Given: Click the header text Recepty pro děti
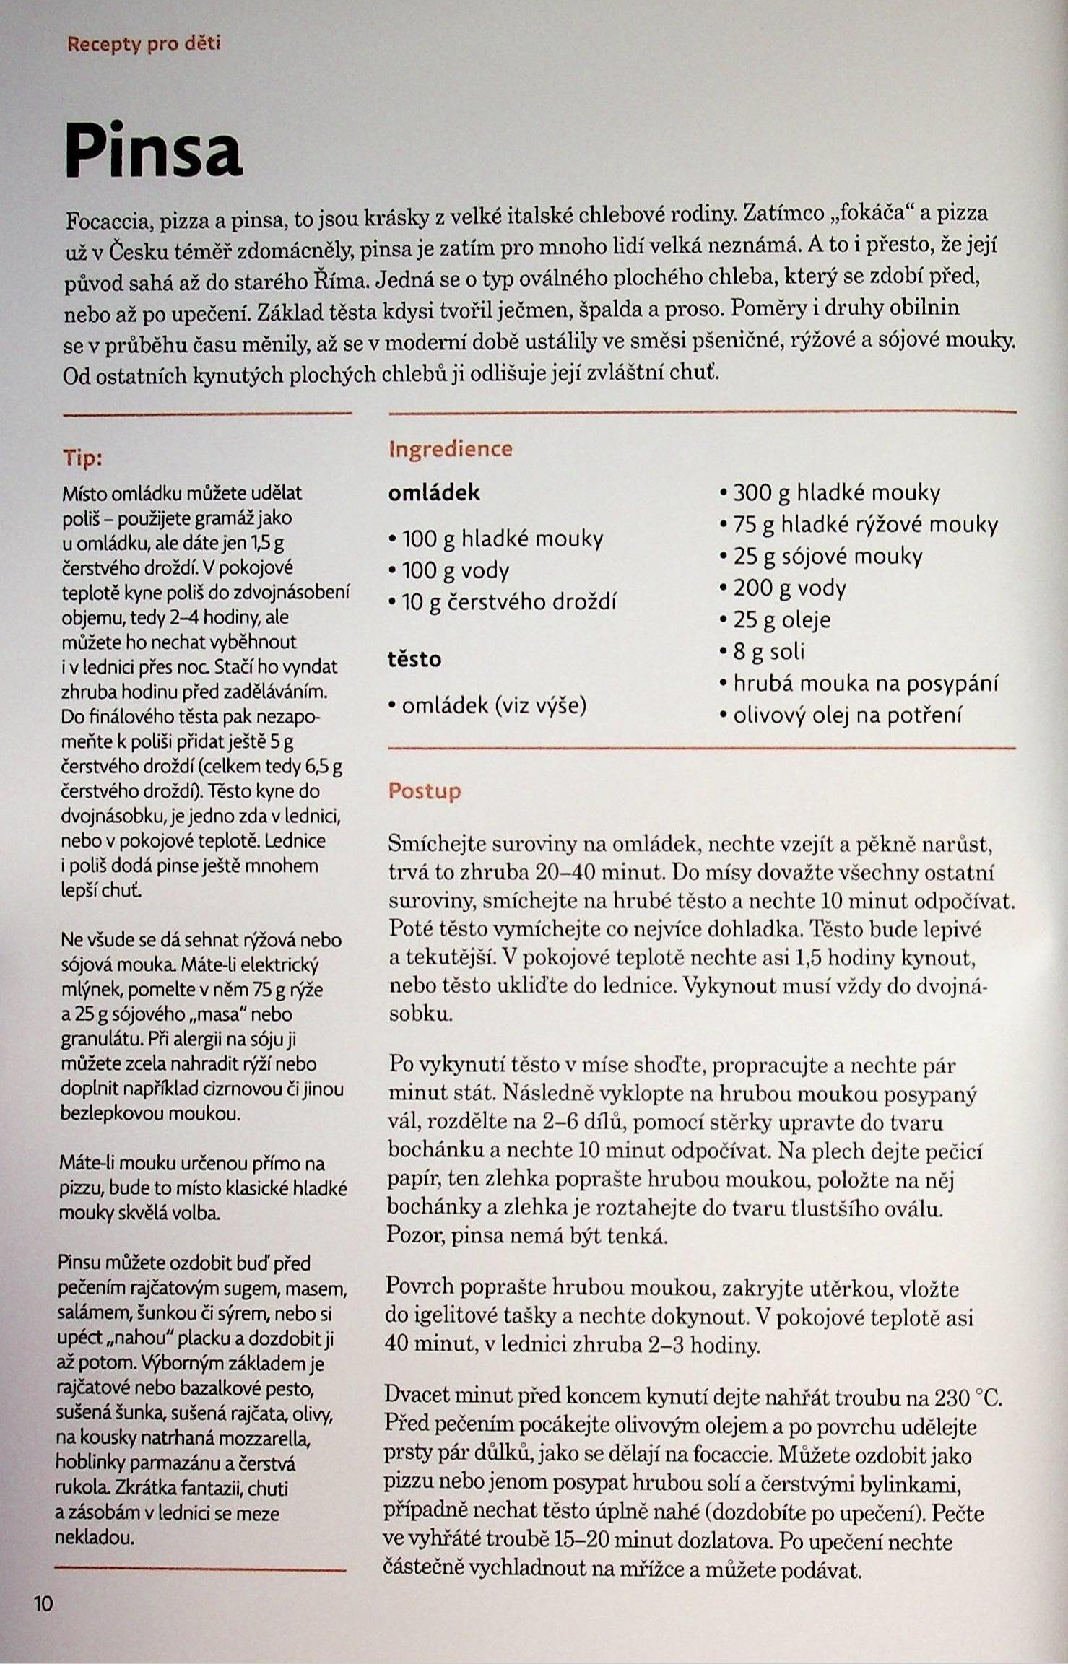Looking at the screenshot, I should pyautogui.click(x=144, y=44).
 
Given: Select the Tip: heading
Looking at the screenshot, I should pyautogui.click(x=82, y=458).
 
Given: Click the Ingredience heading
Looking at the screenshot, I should pyautogui.click(x=450, y=449).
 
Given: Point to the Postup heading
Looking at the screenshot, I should pyautogui.click(x=425, y=791).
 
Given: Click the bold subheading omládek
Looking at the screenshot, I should pyautogui.click(x=434, y=493).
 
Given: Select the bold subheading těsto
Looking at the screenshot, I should pyautogui.click(x=414, y=659).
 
